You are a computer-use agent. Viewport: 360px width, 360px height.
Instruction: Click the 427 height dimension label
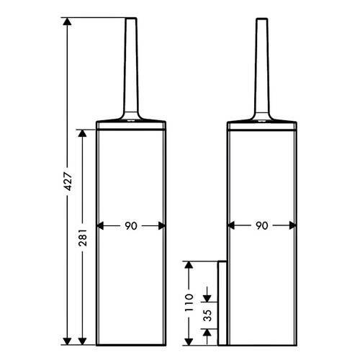coord(68,181)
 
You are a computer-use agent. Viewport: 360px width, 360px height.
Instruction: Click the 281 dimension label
coord(83,238)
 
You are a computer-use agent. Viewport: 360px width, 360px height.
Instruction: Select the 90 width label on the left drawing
coord(131,226)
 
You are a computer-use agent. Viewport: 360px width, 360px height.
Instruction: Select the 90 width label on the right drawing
coord(262,225)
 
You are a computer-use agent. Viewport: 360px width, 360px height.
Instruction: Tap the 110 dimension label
coord(189,302)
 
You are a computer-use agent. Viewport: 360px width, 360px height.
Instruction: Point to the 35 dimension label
coord(207,315)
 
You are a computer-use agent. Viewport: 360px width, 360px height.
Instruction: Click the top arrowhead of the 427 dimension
coord(67,22)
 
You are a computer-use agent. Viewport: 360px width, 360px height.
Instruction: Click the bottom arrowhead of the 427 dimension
coord(67,341)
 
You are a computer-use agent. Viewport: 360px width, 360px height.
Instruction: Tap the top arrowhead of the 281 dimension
coord(82,133)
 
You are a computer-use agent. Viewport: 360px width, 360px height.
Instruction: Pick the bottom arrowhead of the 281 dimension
coord(82,341)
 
